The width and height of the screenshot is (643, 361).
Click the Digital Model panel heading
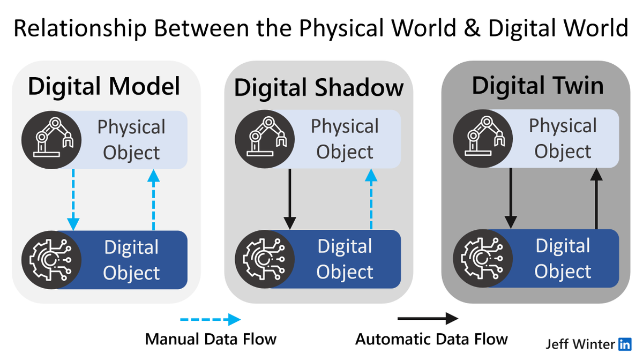[104, 86]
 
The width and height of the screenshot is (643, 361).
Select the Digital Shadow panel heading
[319, 87]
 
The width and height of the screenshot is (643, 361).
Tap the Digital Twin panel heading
[537, 86]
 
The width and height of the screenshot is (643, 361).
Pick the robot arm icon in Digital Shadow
[265, 139]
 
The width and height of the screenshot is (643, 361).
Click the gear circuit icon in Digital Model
[51, 260]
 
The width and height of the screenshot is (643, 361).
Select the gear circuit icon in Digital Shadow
[265, 259]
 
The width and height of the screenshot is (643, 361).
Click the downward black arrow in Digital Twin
[511, 199]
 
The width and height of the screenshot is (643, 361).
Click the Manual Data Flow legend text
[211, 339]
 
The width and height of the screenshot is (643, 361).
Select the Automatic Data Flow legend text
[431, 339]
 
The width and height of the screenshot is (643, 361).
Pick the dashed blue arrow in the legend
[211, 320]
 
